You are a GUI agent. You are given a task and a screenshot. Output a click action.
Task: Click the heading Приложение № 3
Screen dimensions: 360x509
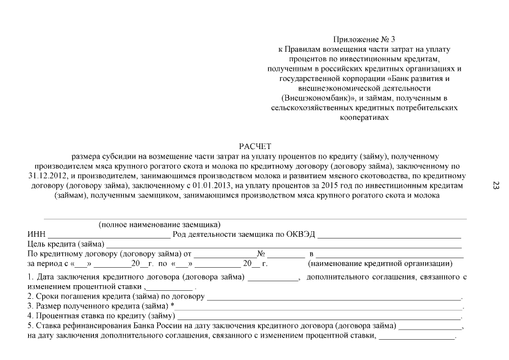tap(364, 39)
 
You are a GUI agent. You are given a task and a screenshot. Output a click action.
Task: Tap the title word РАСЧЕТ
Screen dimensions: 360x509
tap(255, 146)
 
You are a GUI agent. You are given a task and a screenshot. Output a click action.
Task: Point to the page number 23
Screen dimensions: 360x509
tap(496, 186)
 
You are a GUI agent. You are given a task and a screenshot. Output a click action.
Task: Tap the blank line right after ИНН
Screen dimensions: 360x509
tap(109, 235)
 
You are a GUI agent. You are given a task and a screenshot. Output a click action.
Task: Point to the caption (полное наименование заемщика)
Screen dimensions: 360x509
tap(160, 225)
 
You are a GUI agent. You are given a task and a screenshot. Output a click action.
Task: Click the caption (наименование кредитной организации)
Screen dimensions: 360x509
tap(380, 263)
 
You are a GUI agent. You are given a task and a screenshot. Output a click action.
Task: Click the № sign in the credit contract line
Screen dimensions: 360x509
tap(261, 254)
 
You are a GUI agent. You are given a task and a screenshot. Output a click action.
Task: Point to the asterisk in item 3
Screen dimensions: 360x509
tap(172, 305)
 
